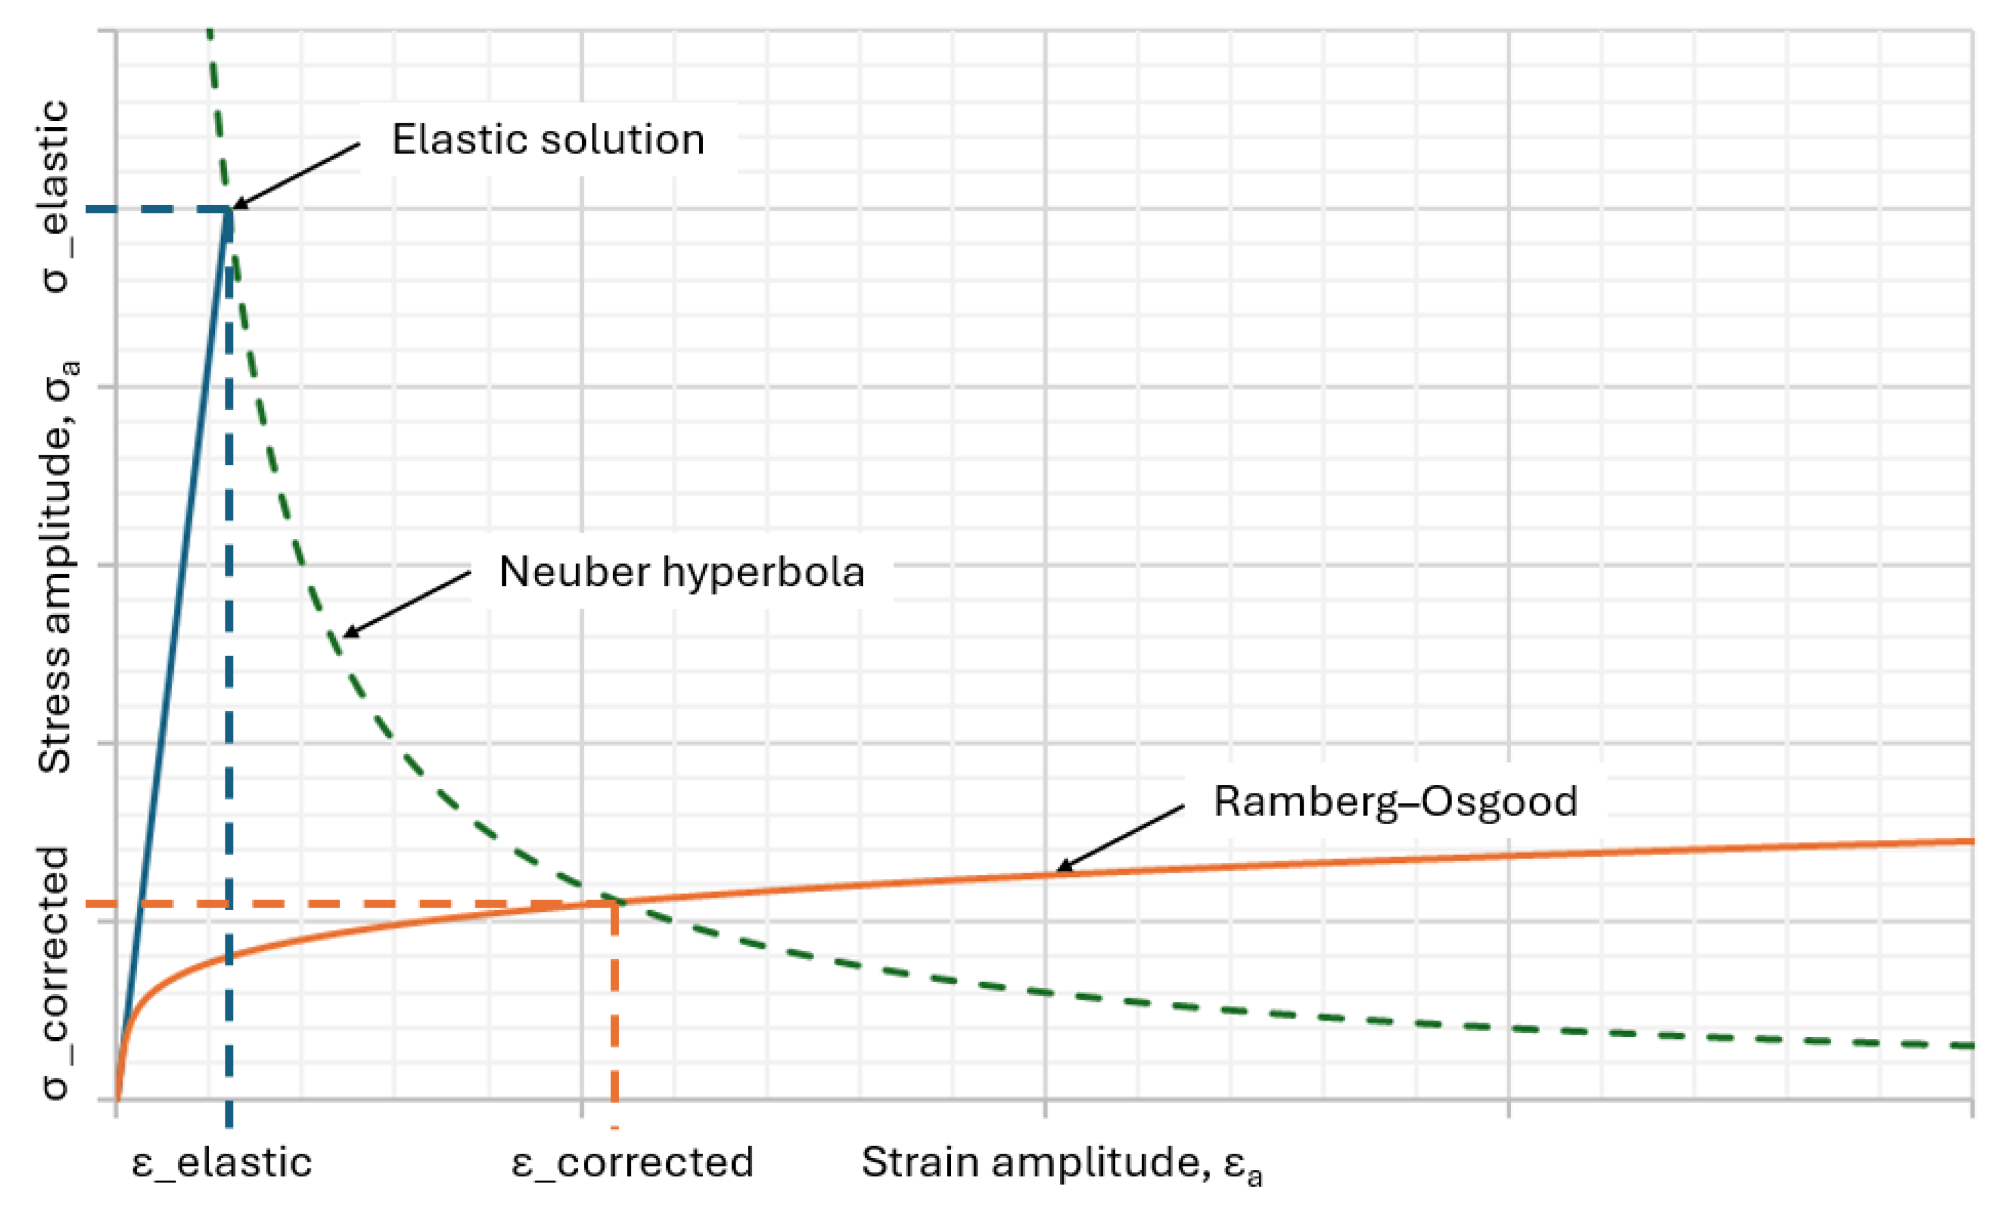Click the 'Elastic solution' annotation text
click(x=548, y=139)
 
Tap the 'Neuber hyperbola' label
click(x=681, y=572)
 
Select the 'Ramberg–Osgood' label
click(x=1395, y=801)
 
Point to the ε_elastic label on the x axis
click(x=222, y=1162)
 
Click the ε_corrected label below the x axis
click(x=632, y=1162)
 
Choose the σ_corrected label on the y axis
click(x=55, y=973)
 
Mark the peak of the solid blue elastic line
click(x=230, y=211)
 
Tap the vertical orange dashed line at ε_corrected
click(x=615, y=1014)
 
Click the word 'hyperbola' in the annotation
click(x=763, y=572)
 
